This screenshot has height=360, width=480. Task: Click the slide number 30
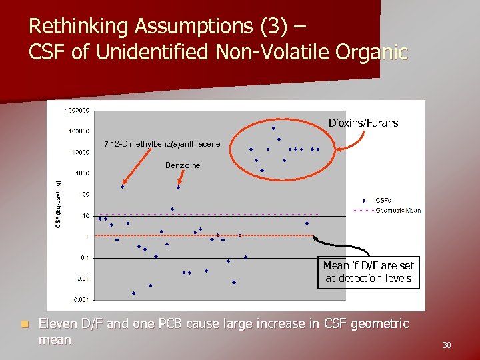(x=447, y=345)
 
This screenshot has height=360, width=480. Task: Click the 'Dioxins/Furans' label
(x=363, y=123)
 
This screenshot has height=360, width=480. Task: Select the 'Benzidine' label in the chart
(x=183, y=165)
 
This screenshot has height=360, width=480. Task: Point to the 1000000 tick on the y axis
(x=77, y=110)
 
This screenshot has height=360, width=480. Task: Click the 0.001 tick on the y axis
(x=80, y=299)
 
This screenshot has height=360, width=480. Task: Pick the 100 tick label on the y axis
(x=83, y=195)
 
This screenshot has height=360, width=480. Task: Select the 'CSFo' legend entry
(x=383, y=200)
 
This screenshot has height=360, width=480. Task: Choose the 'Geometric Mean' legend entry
(x=398, y=211)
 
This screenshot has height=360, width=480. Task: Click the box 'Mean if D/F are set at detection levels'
(x=369, y=272)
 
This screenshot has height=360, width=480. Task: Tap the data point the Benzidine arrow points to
(x=178, y=187)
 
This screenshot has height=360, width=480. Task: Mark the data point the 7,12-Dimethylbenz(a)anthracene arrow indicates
(x=122, y=187)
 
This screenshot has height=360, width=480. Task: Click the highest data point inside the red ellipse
(x=273, y=128)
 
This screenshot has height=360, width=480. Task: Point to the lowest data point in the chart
(x=133, y=293)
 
